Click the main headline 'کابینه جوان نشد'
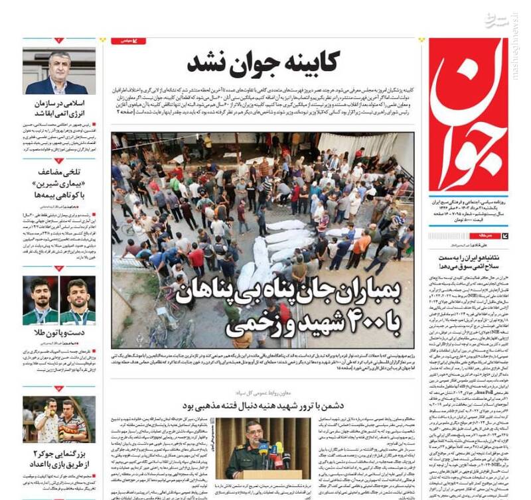coord(263,63)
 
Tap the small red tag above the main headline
coord(128,41)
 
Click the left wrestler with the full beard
coord(41,300)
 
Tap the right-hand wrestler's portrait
coord(78,300)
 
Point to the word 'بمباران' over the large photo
coord(372,288)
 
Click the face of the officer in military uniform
coord(254,431)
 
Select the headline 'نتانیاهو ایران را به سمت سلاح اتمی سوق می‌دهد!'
coord(468,261)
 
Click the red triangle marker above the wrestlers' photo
coord(59,268)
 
